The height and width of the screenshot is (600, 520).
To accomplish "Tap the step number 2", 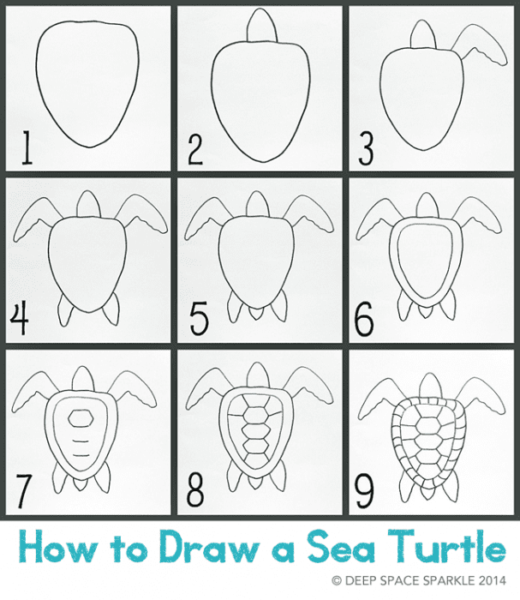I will [x=194, y=151].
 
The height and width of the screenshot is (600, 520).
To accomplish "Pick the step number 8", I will [x=196, y=490].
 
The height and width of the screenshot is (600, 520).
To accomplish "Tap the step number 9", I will [x=365, y=490].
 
